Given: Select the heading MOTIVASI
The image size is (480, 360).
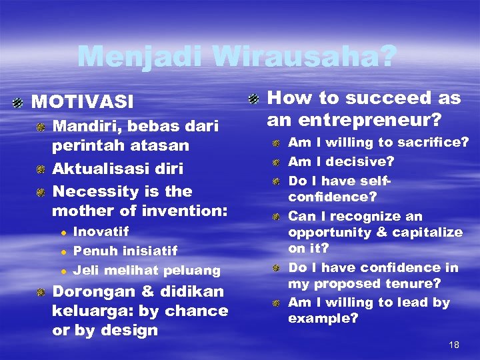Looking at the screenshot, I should pos(83,102).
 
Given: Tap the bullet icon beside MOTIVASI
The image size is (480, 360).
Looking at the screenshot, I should pos(19,102).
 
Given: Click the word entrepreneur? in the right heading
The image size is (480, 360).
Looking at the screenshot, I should pos(365,120).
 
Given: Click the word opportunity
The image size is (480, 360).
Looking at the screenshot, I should pos(325,232).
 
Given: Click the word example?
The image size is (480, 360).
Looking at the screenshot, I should pos(323,318).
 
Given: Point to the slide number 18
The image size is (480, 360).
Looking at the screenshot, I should pos(454,345).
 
